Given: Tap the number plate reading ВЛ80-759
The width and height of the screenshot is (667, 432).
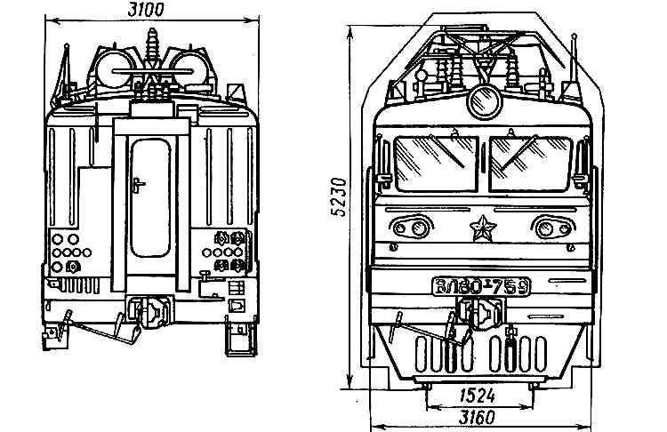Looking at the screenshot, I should (x=481, y=286).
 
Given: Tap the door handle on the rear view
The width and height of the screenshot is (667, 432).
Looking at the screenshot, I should (x=137, y=185).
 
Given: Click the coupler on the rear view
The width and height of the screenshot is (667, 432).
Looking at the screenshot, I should (x=148, y=312).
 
